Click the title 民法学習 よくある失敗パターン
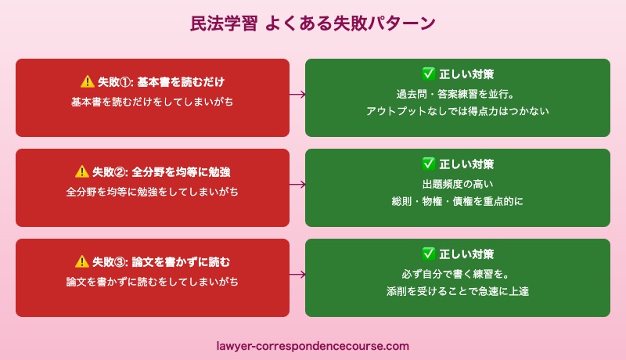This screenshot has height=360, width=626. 313,23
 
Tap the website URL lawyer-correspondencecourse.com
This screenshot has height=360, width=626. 313,345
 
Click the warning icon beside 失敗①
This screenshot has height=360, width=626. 87,81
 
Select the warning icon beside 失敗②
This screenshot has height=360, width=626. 81,171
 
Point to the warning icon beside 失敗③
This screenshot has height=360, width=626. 81,261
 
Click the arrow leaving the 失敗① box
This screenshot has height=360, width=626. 297,95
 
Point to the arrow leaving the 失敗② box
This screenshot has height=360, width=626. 297,185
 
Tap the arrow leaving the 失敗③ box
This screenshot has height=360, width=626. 297,275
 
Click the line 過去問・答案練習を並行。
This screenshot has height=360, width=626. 458,94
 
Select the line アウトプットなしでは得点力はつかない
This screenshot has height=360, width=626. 458,111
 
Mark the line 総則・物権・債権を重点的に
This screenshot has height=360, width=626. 458,201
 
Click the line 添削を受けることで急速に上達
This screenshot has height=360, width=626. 458,291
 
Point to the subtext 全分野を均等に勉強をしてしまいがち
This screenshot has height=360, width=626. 153,191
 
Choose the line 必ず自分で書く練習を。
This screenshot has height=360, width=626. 458,274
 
